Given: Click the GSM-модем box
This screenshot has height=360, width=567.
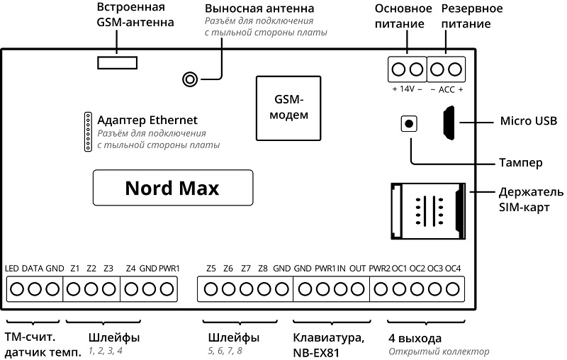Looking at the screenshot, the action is (x=288, y=108).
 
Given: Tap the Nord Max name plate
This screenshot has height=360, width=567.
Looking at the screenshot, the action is (x=173, y=188).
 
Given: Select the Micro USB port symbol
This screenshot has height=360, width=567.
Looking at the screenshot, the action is (x=449, y=123).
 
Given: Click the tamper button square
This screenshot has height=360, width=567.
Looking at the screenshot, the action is (x=409, y=123).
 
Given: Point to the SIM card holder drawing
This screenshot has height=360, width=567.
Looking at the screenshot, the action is (x=428, y=211).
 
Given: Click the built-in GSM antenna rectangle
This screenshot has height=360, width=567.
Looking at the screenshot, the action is (x=117, y=62).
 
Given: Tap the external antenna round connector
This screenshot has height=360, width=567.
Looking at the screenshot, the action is (x=190, y=79).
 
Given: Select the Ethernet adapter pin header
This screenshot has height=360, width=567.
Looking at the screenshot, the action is (x=88, y=132).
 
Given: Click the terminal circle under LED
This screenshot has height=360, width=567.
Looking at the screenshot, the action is (x=17, y=289).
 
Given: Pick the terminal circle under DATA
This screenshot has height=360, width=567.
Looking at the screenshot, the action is (x=35, y=289).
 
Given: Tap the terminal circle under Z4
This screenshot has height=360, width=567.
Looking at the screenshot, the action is (x=131, y=289).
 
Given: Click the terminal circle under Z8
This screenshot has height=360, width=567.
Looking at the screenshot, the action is (x=264, y=289).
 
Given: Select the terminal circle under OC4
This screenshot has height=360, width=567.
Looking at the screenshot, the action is (x=452, y=289).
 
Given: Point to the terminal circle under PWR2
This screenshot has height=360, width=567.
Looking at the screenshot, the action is (x=381, y=289).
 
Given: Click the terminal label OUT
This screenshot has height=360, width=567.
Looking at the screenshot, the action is (x=358, y=269).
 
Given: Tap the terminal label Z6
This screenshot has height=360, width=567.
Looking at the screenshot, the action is (x=228, y=269).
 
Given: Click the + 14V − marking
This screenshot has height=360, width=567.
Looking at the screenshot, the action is (x=407, y=89).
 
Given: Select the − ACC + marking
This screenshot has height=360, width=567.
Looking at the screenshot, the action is (x=447, y=89).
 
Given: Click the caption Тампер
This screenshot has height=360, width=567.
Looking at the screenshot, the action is (x=521, y=163).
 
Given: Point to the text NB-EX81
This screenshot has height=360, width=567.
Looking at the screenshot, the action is (x=316, y=353).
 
